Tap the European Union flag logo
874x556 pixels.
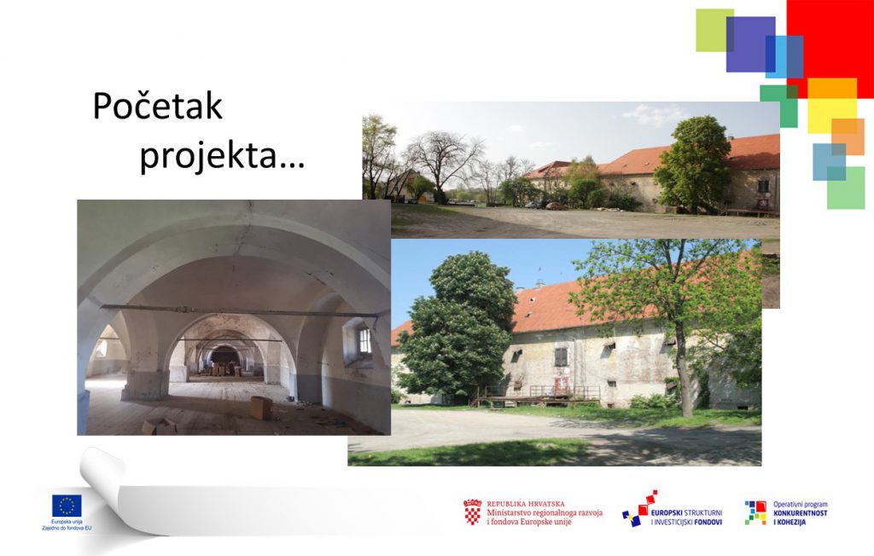(67, 506)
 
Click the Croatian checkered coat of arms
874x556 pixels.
(472, 512)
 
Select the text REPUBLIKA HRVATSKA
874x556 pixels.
(526, 504)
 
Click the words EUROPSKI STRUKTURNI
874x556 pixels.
(686, 513)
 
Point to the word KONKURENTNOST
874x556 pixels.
(801, 513)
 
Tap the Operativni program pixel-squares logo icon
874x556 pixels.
(756, 513)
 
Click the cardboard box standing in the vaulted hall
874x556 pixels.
(260, 408)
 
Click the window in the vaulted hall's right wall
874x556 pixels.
(364, 340)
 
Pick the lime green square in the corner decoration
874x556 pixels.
(714, 30)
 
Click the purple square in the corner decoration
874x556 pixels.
(750, 44)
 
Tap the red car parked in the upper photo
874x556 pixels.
(556, 206)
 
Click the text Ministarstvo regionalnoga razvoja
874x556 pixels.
(545, 513)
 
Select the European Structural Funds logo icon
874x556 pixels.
(639, 508)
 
